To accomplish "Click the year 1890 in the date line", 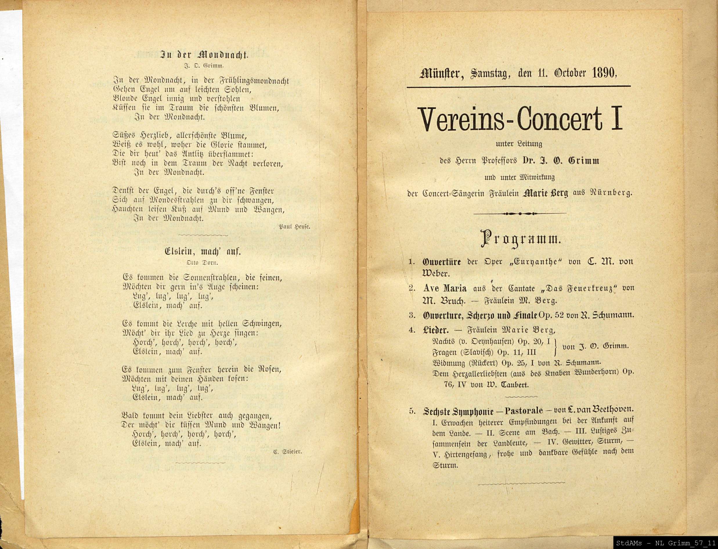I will pyautogui.click(x=604, y=73).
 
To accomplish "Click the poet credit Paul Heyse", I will pyautogui.click(x=294, y=226).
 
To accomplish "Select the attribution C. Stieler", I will pyautogui.click(x=287, y=452).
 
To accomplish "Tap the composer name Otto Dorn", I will pyautogui.click(x=202, y=262).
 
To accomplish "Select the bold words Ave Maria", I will pyautogui.click(x=445, y=288).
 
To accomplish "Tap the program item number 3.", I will pyautogui.click(x=412, y=316).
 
